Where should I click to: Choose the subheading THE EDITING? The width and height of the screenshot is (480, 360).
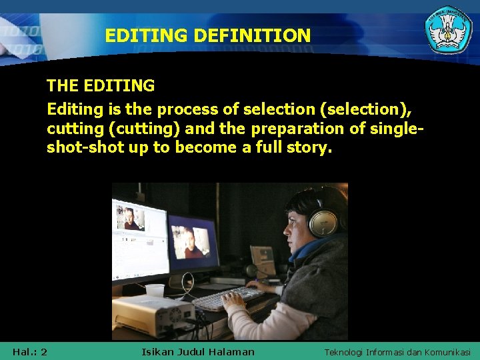[x=101, y=86]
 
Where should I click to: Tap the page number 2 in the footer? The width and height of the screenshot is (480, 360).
[x=43, y=351]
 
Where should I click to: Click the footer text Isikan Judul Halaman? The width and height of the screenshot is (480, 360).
[x=198, y=351]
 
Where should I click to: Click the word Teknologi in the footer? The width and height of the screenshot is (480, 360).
[x=344, y=351]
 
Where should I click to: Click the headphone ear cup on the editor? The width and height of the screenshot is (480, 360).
[x=323, y=220]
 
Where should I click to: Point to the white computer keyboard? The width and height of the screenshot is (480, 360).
[x=227, y=298]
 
